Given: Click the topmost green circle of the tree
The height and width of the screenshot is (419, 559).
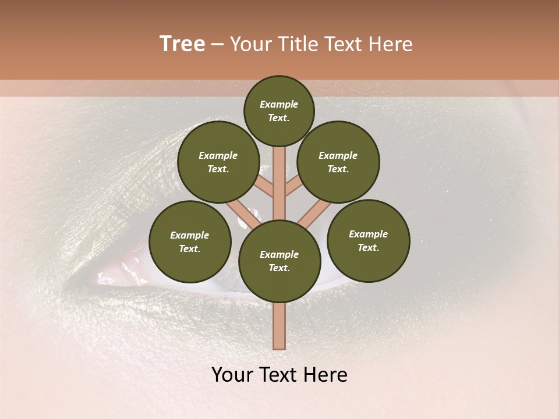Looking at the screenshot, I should [279, 111].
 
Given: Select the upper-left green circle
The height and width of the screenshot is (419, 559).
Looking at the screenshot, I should [218, 162].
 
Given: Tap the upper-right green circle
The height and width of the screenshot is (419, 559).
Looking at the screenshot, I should [338, 162].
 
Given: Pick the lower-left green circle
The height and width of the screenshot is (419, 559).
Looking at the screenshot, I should [190, 242].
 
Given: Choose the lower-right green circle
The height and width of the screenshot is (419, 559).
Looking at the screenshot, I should [369, 241].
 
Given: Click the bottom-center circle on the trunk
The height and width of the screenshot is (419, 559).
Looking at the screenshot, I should [279, 261].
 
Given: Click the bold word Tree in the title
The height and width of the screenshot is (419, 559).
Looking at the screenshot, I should [182, 44].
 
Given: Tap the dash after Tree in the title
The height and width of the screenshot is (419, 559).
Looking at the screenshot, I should [218, 45].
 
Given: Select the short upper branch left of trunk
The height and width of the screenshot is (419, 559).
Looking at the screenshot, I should [265, 186].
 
